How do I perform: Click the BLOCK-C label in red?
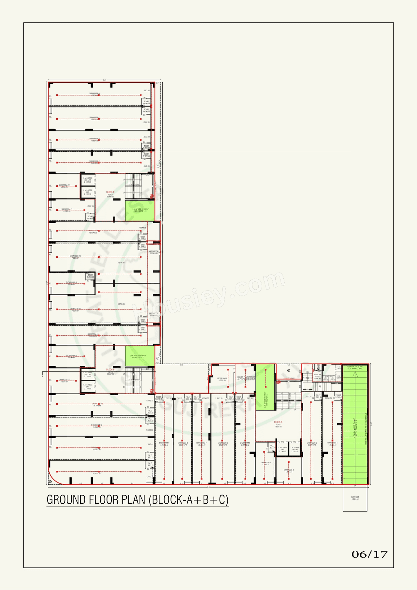(110, 192)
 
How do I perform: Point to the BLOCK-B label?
(110, 370)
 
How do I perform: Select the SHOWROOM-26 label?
(95, 94)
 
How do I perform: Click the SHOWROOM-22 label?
(64, 185)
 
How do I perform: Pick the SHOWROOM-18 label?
(71, 282)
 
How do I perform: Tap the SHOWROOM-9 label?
(164, 443)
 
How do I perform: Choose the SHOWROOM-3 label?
(289, 470)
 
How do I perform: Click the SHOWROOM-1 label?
(332, 443)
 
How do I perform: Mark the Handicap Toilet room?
(317, 376)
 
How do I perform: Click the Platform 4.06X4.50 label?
(355, 498)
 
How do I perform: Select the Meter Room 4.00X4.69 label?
(222, 379)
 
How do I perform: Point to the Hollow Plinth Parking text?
(246, 378)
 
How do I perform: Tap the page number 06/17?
(369, 554)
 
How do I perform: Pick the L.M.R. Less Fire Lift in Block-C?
(88, 180)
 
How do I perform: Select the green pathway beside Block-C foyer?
(140, 210)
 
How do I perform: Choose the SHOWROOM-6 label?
(223, 443)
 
